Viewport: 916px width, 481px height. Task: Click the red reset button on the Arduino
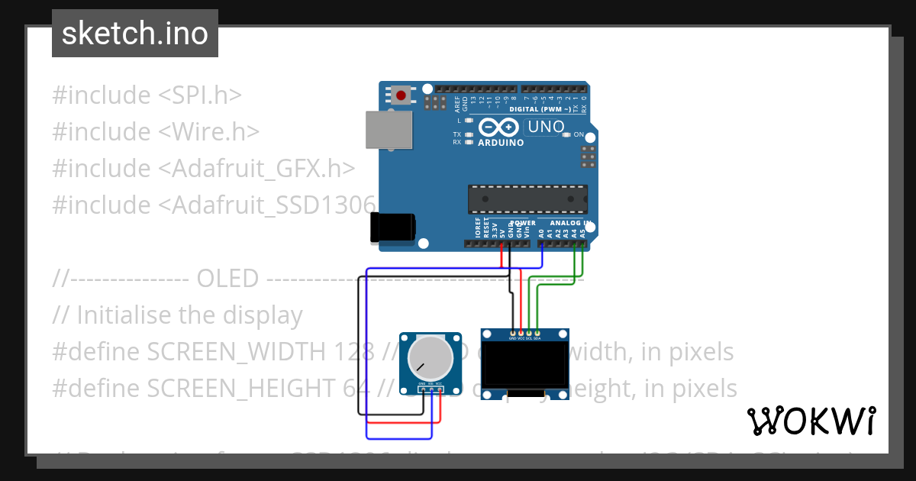pyautogui.click(x=401, y=95)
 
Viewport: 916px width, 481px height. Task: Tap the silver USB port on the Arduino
pyautogui.click(x=389, y=130)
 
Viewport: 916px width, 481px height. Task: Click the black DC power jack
pyautogui.click(x=393, y=226)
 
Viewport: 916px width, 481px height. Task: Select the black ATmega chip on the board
pyautogui.click(x=527, y=199)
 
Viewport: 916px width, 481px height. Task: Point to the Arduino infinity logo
pyautogui.click(x=499, y=128)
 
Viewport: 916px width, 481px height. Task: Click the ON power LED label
pyautogui.click(x=579, y=135)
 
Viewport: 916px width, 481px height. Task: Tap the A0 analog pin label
pyautogui.click(x=541, y=232)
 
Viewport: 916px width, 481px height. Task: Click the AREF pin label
pyautogui.click(x=457, y=103)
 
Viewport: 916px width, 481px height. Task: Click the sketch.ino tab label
pyautogui.click(x=135, y=34)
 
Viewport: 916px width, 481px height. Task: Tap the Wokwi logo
pyautogui.click(x=811, y=421)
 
